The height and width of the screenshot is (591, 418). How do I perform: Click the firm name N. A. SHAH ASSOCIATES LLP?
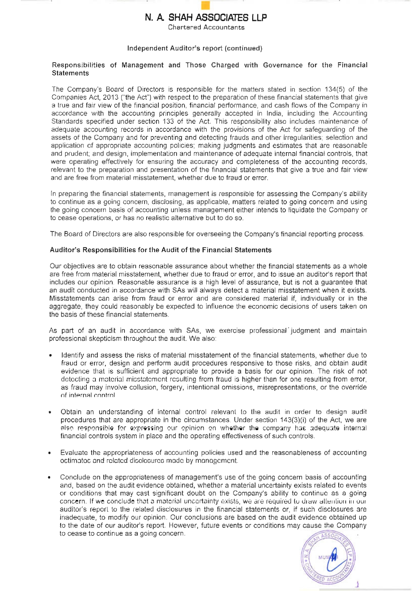click(206, 17)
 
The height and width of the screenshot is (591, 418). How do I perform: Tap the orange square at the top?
click(206, 6)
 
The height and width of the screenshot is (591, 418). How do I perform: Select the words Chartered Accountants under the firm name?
click(206, 27)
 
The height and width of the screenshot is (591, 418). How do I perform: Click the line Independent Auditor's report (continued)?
click(195, 48)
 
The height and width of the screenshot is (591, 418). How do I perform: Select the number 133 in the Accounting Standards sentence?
click(168, 122)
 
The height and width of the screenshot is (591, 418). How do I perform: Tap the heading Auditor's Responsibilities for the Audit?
click(160, 250)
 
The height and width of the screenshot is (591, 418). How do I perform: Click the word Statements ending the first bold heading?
click(70, 73)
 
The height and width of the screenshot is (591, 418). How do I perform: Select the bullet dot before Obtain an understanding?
click(50, 412)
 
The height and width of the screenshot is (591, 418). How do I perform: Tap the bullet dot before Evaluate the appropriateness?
click(50, 453)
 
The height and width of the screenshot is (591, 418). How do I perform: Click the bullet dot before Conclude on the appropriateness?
click(50, 478)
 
